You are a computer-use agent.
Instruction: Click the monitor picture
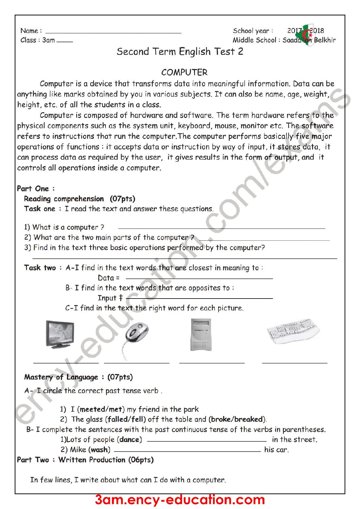(60, 335)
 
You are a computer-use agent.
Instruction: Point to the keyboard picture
(293, 331)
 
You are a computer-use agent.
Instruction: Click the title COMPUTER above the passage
(184, 72)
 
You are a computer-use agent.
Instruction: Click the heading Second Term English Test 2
(180, 52)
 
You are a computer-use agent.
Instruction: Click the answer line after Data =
(199, 278)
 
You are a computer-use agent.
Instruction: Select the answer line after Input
(199, 298)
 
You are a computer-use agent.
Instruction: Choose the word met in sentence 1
(116, 409)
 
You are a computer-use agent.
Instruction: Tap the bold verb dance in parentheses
(129, 439)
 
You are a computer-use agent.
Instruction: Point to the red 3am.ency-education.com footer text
(180, 500)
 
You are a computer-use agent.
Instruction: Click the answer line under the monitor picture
(66, 363)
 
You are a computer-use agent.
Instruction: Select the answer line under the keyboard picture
(295, 363)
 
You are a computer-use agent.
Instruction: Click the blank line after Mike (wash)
(187, 451)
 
